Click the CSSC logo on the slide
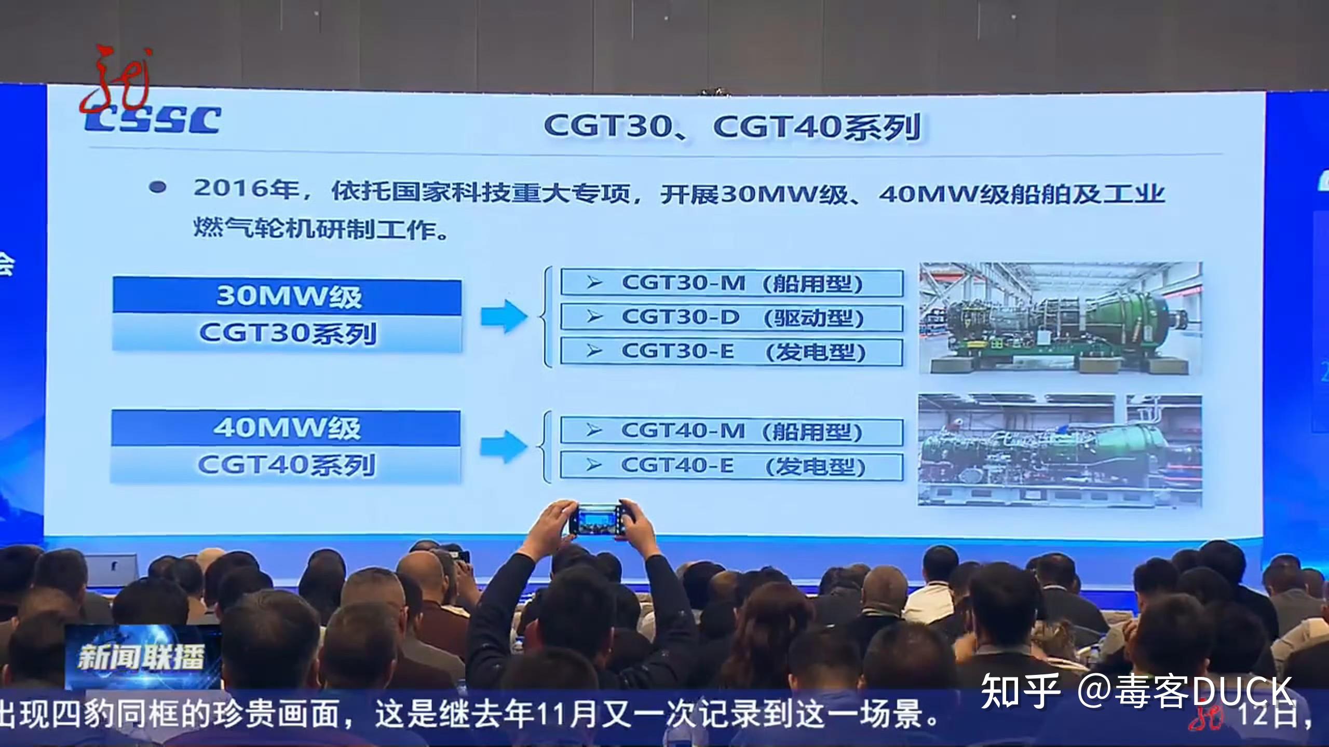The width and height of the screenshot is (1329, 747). (154, 120)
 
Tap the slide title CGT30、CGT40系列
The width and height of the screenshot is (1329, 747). (732, 127)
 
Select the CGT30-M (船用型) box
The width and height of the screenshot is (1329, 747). (731, 283)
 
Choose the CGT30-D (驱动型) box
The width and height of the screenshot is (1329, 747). (731, 317)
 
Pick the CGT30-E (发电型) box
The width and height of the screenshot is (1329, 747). (731, 352)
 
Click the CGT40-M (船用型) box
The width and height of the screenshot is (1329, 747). (731, 432)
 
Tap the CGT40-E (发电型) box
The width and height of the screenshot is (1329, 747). (731, 466)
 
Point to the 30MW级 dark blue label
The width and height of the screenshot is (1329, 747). (287, 297)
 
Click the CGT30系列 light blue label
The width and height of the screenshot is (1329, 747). (287, 333)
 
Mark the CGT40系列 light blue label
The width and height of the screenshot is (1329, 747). (286, 465)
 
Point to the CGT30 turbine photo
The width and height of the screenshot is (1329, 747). (1060, 318)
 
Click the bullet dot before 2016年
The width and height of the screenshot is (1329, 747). (157, 187)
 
